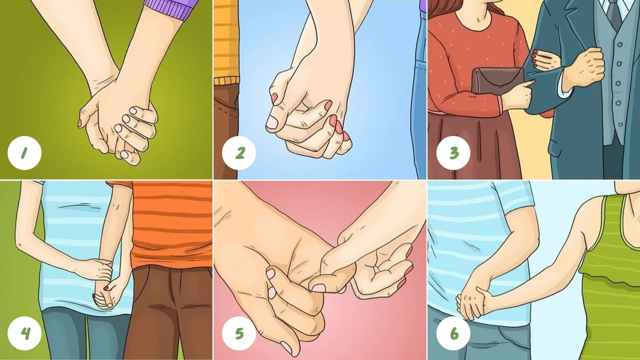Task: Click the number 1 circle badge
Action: click(24, 153)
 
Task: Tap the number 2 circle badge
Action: click(239, 153)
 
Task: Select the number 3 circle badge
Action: click(453, 153)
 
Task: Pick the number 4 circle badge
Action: click(24, 333)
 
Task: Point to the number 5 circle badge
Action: click(239, 333)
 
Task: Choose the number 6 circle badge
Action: click(453, 333)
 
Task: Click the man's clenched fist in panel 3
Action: click(585, 67)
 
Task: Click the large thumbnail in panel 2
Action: click(272, 122)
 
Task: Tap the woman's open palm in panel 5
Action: click(380, 271)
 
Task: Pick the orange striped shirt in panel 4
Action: click(171, 223)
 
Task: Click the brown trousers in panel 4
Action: click(168, 311)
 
